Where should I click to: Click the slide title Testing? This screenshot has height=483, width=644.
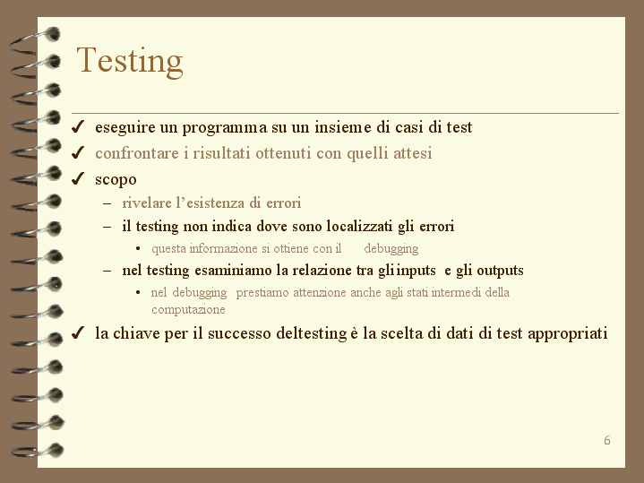pyautogui.click(x=130, y=61)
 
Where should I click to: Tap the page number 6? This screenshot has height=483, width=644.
pyautogui.click(x=607, y=440)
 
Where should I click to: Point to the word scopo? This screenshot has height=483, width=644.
pyautogui.click(x=116, y=180)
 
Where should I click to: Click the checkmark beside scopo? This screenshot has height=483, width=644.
pyautogui.click(x=78, y=178)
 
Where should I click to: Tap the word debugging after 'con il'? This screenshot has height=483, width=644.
pyautogui.click(x=391, y=249)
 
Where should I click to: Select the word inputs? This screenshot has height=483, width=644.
pyautogui.click(x=416, y=271)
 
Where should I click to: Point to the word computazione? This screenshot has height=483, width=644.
pyautogui.click(x=188, y=309)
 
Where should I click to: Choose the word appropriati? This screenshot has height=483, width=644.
pyautogui.click(x=567, y=333)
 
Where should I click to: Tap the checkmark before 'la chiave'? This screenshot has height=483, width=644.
pyautogui.click(x=78, y=332)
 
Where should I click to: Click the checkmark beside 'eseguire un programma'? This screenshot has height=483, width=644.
pyautogui.click(x=78, y=127)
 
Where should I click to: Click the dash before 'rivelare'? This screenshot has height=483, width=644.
pyautogui.click(x=107, y=203)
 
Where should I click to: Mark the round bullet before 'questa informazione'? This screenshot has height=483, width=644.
pyautogui.click(x=138, y=249)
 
